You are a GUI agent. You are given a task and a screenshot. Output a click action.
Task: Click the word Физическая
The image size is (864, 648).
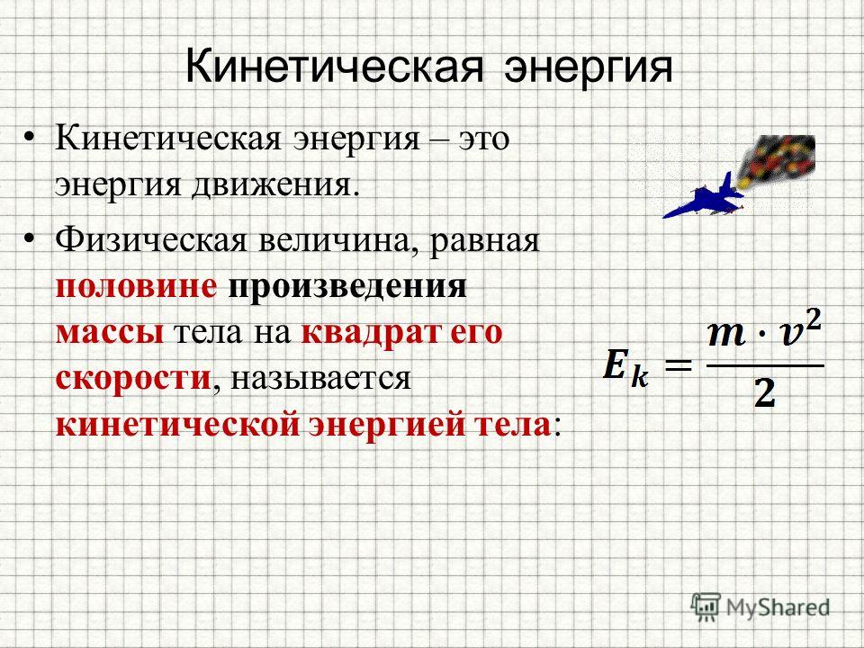click(x=151, y=240)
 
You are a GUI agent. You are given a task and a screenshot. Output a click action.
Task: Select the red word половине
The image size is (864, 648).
click(x=136, y=287)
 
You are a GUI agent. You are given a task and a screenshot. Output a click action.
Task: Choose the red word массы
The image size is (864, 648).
click(x=110, y=333)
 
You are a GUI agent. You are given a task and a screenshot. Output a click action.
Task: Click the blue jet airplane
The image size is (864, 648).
click(x=704, y=197)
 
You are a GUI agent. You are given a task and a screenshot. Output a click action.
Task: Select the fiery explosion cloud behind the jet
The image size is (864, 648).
click(x=778, y=160)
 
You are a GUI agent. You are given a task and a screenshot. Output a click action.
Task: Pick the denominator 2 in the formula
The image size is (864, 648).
click(x=764, y=393)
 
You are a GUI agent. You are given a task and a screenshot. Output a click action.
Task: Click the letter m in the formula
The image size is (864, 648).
click(x=727, y=334)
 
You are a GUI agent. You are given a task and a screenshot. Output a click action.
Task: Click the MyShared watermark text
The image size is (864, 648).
click(x=778, y=607)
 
